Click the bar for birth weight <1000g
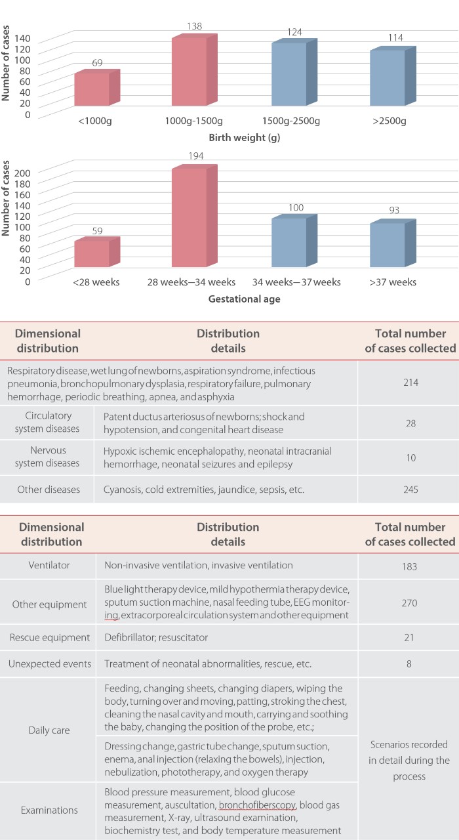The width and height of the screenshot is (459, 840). pos(92,89)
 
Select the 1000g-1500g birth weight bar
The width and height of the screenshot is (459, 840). pos(190,72)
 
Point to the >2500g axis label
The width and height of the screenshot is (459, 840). pos(388,121)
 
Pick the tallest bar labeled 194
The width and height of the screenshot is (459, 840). pos(190,217)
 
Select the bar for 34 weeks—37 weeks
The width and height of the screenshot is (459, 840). pos(289,242)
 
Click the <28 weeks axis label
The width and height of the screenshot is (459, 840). pos(92,282)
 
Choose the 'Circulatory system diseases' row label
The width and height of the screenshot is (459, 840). pos(48,422)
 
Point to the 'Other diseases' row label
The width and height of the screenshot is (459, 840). pos(48,489)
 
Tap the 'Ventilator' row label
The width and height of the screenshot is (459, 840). pos(48,565)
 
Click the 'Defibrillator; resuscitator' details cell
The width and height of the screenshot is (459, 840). pos(162,638)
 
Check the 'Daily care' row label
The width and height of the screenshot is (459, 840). pos(48,729)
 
